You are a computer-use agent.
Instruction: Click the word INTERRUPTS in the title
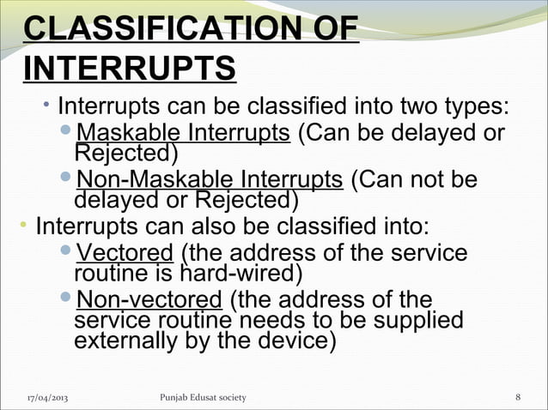[x=129, y=68]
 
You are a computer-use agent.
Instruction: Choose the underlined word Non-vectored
[x=149, y=301]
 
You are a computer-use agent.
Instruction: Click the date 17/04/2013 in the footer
[x=48, y=397]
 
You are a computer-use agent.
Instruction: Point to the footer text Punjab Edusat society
[x=203, y=397]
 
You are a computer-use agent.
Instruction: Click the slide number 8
[x=518, y=397]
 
